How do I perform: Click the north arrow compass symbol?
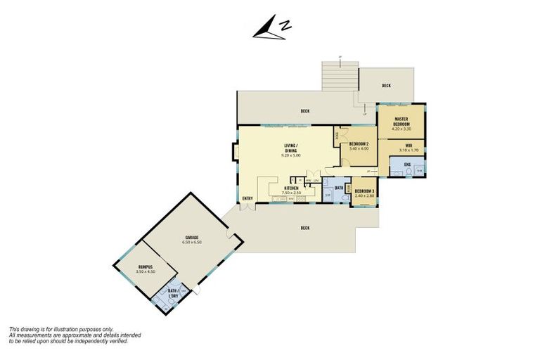270,29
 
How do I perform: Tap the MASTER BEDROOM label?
401,120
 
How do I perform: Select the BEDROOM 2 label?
359,144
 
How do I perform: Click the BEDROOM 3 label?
364,192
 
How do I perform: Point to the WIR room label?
408,146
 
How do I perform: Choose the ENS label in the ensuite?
406,165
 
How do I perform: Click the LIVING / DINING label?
291,148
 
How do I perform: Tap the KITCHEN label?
290,188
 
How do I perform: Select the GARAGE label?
192,238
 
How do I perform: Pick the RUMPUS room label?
146,266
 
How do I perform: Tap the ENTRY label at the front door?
247,198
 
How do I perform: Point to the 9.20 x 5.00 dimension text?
291,155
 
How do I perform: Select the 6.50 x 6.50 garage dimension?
192,243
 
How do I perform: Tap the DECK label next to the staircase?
386,86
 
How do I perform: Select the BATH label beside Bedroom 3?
338,188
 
